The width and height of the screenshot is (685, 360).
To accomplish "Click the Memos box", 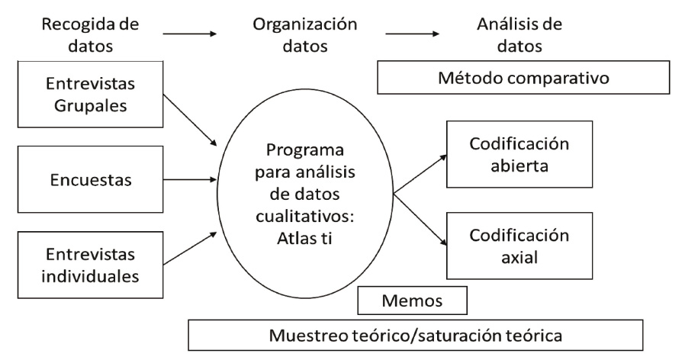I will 413,300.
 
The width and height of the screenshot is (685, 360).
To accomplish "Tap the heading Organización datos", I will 305,34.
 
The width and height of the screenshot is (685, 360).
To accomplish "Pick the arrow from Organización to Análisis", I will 413,33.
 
